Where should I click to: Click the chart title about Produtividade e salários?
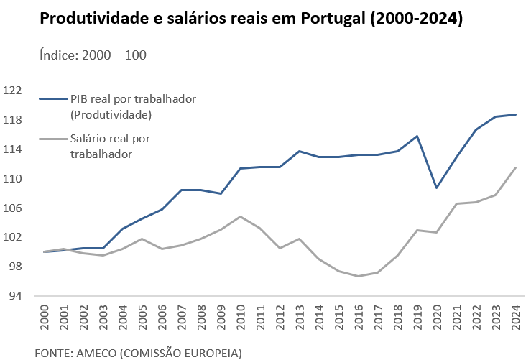coord(251,19)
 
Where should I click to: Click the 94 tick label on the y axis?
coord(15,296)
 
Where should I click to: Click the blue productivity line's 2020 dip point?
coord(437,188)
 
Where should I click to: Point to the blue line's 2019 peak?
coord(417,136)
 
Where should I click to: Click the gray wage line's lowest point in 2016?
coord(359,276)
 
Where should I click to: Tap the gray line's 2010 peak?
coord(241,216)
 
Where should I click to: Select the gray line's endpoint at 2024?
coord(516,167)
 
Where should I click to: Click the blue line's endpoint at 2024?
coord(516,114)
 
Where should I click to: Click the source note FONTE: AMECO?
coord(139,353)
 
